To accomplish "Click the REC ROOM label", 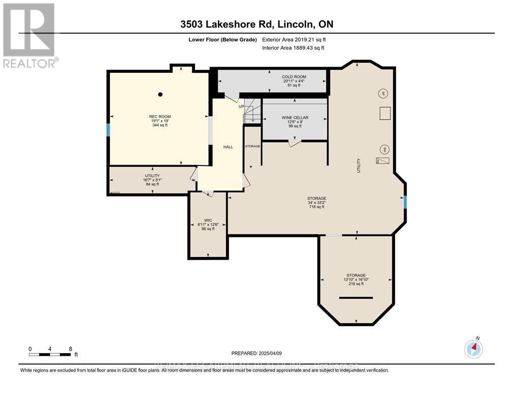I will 160,117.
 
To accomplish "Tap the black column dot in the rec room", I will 160,94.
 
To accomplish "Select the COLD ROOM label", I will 294,77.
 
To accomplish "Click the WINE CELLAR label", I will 295,118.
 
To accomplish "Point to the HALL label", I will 228,147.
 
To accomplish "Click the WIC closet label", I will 208,220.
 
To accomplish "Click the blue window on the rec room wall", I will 108,130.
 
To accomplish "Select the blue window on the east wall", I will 405,203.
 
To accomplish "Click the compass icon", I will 473,349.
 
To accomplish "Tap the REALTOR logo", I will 30,35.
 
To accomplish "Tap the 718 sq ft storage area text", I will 317,207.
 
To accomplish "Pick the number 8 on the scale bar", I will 70,349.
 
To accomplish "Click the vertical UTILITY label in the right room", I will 359,166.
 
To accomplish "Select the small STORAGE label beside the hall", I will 252,146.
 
